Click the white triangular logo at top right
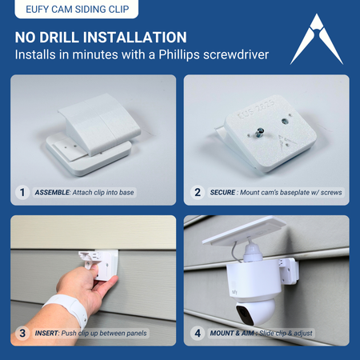[317, 40]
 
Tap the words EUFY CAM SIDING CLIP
[78, 9]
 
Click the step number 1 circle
[22, 192]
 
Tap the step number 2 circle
[198, 192]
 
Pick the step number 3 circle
[22, 333]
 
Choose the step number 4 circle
[198, 333]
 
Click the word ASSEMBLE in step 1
[52, 193]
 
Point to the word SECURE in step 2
[222, 193]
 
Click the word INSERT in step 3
[46, 334]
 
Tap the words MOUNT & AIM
[232, 334]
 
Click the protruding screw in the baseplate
[259, 132]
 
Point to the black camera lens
[245, 315]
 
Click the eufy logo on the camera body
[234, 292]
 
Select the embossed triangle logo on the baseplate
[286, 142]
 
